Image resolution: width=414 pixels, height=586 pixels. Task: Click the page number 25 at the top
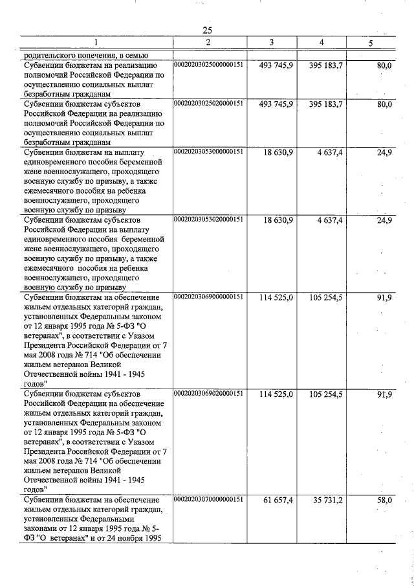click(x=207, y=30)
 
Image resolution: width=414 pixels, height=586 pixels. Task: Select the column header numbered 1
click(x=96, y=43)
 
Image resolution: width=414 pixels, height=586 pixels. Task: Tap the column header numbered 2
click(x=208, y=43)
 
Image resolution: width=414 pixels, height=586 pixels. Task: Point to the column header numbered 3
click(x=272, y=43)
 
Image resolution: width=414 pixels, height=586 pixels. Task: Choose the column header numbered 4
click(x=321, y=43)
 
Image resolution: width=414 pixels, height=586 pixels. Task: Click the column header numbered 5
click(x=371, y=43)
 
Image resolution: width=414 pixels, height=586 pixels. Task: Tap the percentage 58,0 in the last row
click(x=384, y=501)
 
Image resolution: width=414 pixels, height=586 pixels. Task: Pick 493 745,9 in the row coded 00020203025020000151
click(x=276, y=104)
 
